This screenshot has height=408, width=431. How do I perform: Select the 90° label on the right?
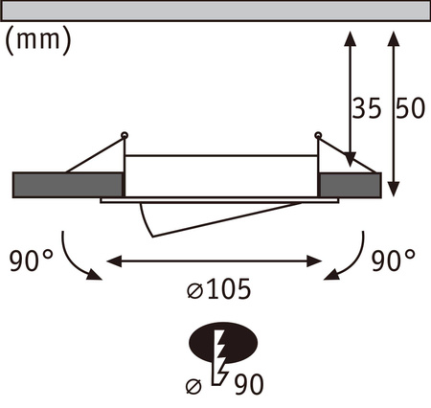396,260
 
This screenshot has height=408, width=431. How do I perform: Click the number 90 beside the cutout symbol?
248,384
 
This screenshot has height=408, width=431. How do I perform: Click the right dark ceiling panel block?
349,184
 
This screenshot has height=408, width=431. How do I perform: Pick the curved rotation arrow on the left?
75,257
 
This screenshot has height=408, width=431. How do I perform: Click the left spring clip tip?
125,134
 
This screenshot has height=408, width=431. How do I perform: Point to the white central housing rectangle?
220,174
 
